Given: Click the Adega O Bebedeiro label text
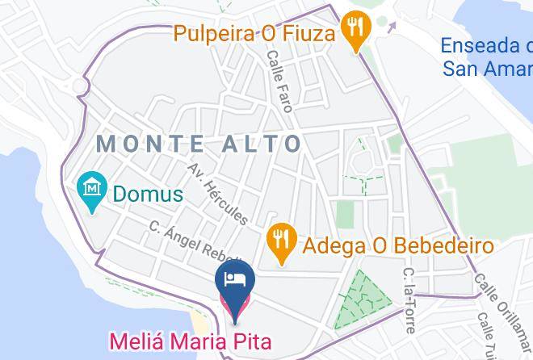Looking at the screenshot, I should coord(397,244).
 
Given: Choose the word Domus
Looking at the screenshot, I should coord(148,194).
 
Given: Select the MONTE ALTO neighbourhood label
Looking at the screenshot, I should coord(199,144).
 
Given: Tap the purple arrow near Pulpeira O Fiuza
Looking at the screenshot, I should coord(392,25).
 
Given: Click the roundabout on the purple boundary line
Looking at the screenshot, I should coord(81,85).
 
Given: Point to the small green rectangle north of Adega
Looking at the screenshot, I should coord(345,213).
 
